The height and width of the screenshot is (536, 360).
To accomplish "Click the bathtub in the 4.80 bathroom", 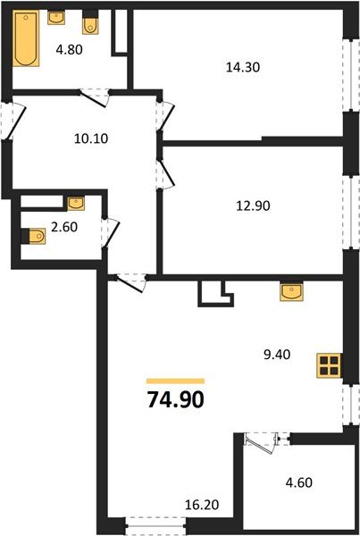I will pos(27,39).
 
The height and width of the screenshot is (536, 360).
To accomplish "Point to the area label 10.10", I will pos(90,138).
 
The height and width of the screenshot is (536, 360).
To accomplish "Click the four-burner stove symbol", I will pos(329,364).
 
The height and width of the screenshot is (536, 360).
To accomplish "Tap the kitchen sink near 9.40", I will pos(289,292).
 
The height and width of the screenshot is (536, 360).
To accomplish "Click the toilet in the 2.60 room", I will pos(34,236).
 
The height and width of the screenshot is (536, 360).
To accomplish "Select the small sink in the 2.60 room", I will pos(74,202).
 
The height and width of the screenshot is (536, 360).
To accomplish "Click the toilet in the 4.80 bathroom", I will pos(90,21).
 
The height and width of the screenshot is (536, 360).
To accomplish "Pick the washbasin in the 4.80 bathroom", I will pos(56,17).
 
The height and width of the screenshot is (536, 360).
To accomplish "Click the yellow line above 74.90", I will pos(175,380).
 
